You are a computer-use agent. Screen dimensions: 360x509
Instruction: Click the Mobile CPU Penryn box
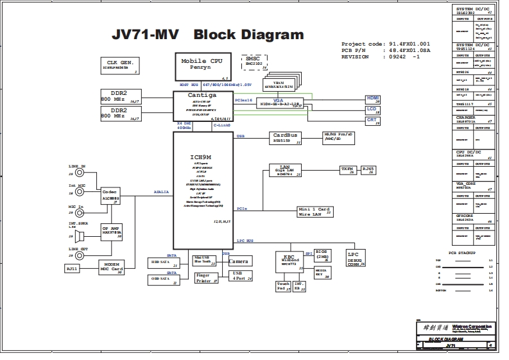click(201, 64)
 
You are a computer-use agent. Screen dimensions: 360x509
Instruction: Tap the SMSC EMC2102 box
click(252, 61)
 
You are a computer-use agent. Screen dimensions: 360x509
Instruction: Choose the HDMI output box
click(372, 99)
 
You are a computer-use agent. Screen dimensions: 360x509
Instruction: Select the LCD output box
click(372, 109)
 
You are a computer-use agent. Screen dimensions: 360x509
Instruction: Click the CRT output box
click(372, 120)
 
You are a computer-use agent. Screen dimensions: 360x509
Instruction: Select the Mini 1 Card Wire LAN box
click(315, 211)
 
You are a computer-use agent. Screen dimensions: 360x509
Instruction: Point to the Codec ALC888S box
click(110, 195)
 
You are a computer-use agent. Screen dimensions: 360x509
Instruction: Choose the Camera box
click(239, 261)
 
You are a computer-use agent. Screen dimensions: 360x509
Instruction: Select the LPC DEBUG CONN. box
click(355, 258)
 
